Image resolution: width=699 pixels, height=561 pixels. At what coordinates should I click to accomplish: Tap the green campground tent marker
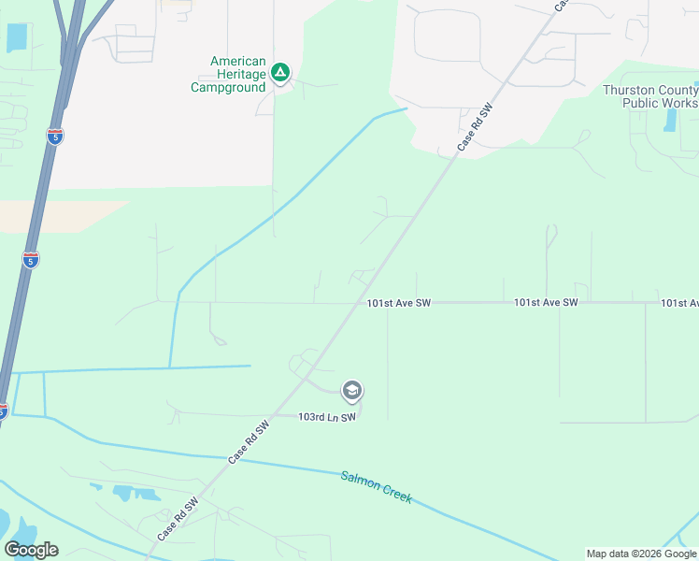pyautogui.click(x=279, y=72)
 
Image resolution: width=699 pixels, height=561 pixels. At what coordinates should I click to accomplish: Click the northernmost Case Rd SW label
pyautogui.click(x=475, y=128)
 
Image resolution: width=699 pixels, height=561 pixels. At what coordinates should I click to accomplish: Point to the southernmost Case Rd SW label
pyautogui.click(x=178, y=518)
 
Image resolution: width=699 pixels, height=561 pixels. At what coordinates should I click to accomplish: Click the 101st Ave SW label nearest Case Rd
pyautogui.click(x=398, y=303)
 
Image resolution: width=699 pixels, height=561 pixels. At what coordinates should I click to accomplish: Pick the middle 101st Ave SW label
pyautogui.click(x=546, y=303)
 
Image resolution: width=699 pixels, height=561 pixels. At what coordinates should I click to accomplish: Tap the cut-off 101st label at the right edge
pyautogui.click(x=679, y=303)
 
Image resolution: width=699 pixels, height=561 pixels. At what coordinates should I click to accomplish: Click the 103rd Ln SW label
pyautogui.click(x=327, y=417)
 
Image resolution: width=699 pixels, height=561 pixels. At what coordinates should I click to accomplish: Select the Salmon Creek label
pyautogui.click(x=376, y=486)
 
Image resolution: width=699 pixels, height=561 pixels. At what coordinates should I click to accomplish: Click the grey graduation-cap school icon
pyautogui.click(x=352, y=390)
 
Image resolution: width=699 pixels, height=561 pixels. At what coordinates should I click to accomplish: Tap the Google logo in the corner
pyautogui.click(x=31, y=550)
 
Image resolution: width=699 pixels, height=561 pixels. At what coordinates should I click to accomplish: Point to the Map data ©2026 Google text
pyautogui.click(x=640, y=554)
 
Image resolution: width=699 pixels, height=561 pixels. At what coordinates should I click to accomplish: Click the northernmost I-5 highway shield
pyautogui.click(x=55, y=137)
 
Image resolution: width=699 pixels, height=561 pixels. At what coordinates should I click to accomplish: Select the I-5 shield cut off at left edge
pyautogui.click(x=3, y=410)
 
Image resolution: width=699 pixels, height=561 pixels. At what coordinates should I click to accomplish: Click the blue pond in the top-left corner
pyautogui.click(x=17, y=37)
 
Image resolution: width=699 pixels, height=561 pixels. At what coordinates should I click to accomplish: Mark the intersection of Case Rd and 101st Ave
pyautogui.click(x=361, y=302)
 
